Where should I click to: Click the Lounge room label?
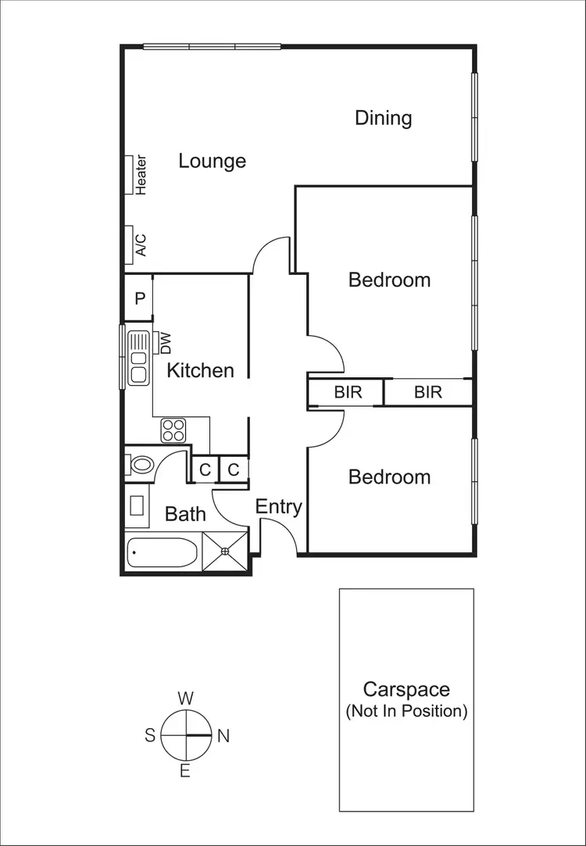pyautogui.click(x=212, y=161)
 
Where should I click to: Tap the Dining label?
pyautogui.click(x=383, y=118)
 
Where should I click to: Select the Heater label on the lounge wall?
pyautogui.click(x=141, y=175)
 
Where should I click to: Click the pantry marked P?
pyautogui.click(x=140, y=298)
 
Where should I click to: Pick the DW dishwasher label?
pyautogui.click(x=165, y=342)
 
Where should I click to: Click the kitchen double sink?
pyautogui.click(x=139, y=358)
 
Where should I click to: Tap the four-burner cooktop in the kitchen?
pyautogui.click(x=173, y=430)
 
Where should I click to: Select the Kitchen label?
pyautogui.click(x=200, y=370)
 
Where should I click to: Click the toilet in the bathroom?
pyautogui.click(x=141, y=466)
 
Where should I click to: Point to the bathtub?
pyautogui.click(x=162, y=554)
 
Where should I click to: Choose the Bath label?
pyautogui.click(x=185, y=514)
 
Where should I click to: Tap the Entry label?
pyautogui.click(x=279, y=506)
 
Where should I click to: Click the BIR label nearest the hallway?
pyautogui.click(x=348, y=392)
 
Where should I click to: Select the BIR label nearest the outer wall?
pyautogui.click(x=427, y=392)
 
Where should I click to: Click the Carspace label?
pyautogui.click(x=406, y=690)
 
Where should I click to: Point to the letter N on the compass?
pyautogui.click(x=223, y=736)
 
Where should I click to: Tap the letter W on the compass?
pyautogui.click(x=186, y=698)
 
